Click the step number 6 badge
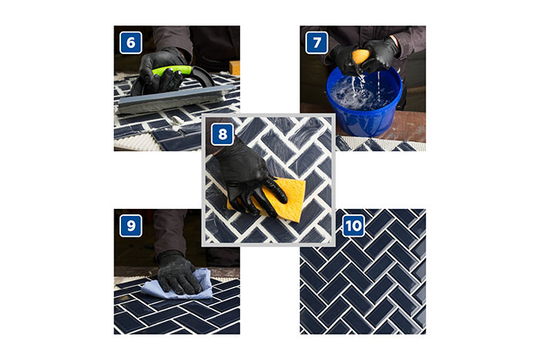pos(130,42)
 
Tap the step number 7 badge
pos(316,42)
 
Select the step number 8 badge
pos(222,134)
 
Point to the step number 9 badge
pos(130,226)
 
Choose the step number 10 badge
pos(353,226)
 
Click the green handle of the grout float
pos(171,70)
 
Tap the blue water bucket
pos(365,102)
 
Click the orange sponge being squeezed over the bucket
pos(360,56)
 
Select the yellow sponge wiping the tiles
pos(275,200)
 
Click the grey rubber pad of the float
pos(176,99)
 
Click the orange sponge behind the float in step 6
pos(235,68)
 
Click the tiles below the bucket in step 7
pos(379,144)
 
